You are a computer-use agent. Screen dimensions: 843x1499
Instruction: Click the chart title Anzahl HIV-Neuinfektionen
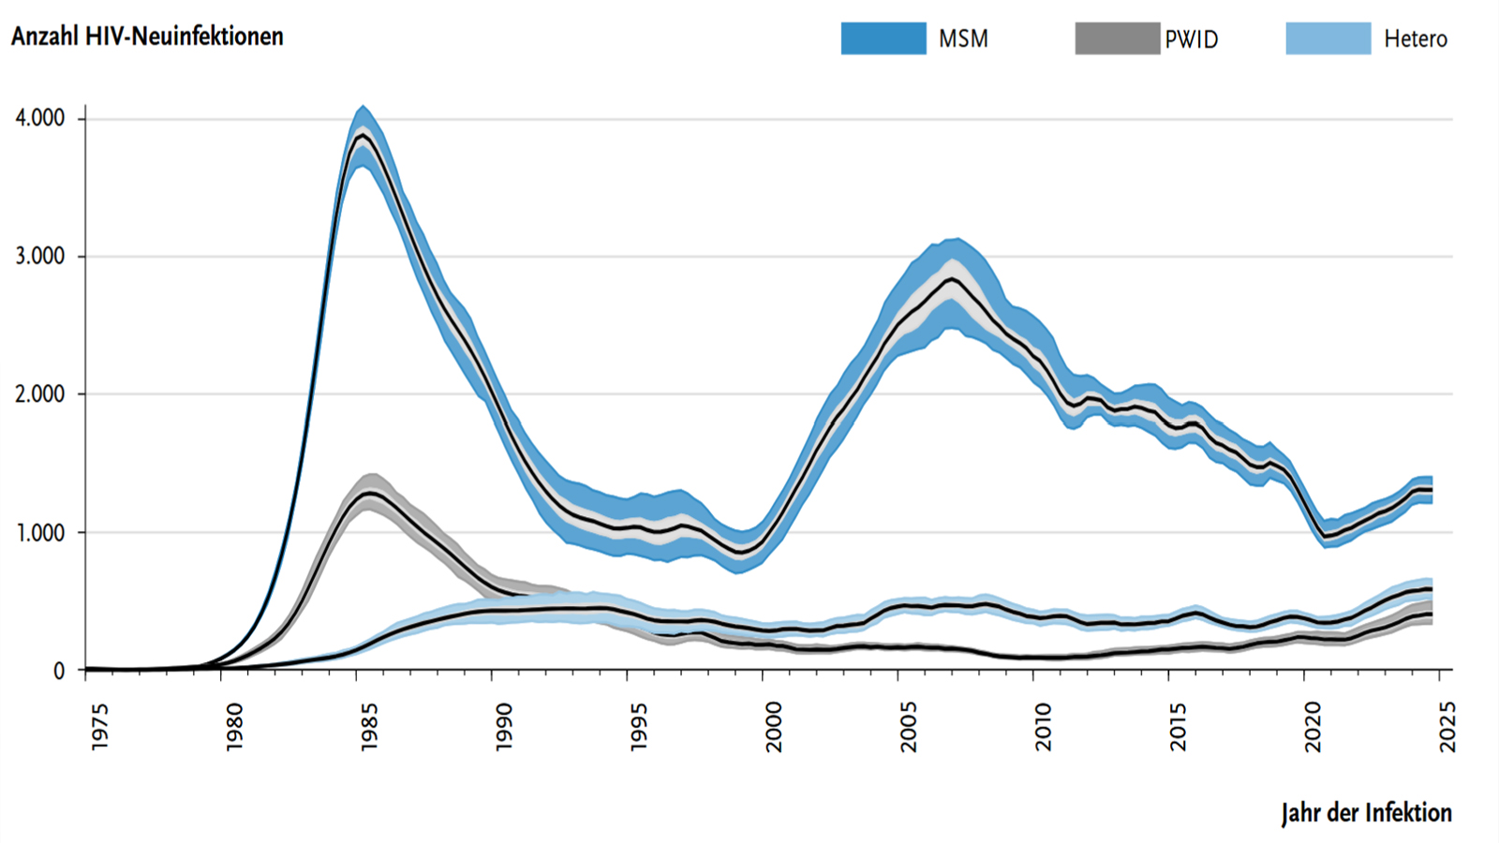147,37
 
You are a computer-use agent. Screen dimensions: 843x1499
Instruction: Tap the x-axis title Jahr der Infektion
1366,812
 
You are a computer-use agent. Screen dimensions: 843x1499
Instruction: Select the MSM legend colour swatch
883,38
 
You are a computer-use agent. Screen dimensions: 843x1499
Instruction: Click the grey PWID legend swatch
1117,38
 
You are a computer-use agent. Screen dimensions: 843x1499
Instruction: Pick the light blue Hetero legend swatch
1328,38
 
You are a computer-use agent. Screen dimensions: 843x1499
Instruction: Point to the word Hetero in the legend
1415,39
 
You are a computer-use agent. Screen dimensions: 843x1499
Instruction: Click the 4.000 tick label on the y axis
40,118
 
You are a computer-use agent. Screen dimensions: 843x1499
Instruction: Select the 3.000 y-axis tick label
40,257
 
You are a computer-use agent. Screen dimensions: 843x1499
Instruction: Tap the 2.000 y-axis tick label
40,394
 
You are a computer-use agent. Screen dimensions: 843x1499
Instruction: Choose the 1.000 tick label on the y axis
40,533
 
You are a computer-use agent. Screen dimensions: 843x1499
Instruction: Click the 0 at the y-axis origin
59,671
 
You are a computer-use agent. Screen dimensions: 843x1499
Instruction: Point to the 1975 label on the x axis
99,726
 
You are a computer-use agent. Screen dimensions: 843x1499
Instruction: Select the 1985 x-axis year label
369,726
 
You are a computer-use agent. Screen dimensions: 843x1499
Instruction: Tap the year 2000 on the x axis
774,726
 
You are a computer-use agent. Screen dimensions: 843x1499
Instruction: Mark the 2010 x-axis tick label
1044,726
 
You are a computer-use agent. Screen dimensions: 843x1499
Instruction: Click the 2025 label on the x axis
1448,726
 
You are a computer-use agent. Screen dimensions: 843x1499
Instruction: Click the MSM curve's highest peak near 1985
363,136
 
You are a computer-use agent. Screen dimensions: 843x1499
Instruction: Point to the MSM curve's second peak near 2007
953,278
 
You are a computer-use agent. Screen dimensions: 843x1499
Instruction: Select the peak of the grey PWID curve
370,493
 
